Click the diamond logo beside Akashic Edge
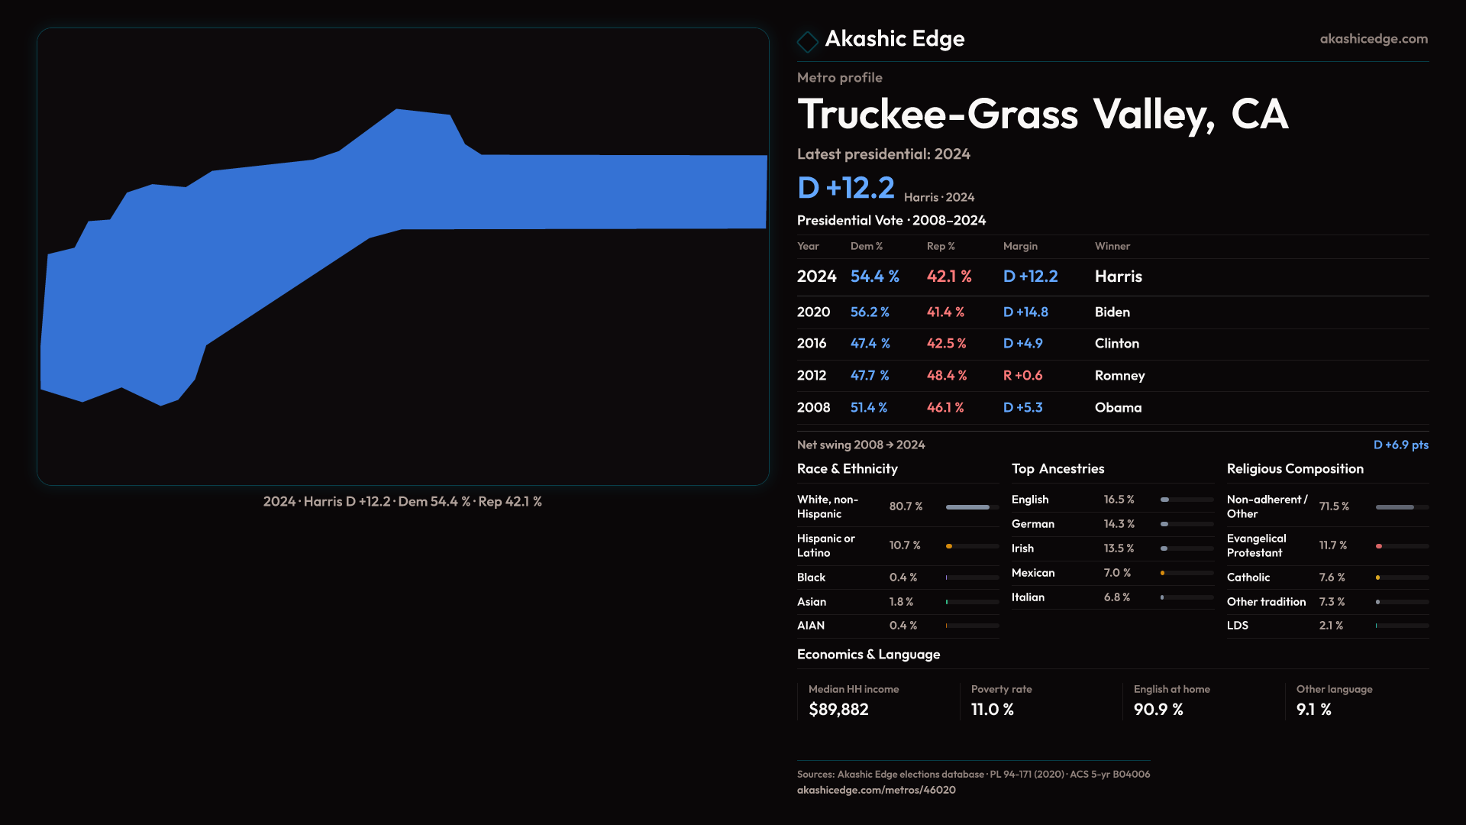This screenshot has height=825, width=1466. (x=807, y=41)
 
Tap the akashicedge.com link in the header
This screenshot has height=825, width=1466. (x=1374, y=39)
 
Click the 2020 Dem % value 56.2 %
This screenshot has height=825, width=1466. (x=870, y=312)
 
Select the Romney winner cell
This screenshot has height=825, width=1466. (x=1119, y=376)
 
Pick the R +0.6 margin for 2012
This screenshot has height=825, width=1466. (x=1022, y=376)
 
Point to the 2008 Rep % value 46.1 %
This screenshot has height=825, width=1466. (x=945, y=408)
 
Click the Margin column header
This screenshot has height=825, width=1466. (x=1020, y=246)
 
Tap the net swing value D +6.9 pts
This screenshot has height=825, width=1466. (x=1400, y=445)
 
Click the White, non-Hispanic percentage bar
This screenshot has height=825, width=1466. (x=972, y=507)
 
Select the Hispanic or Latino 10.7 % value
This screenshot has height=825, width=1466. (x=905, y=545)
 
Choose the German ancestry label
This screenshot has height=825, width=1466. (x=1032, y=524)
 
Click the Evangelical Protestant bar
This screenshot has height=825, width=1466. (x=1401, y=546)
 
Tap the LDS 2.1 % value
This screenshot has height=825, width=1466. (x=1331, y=626)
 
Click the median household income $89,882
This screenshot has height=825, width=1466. (x=838, y=710)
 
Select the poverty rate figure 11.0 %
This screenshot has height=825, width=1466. (x=993, y=710)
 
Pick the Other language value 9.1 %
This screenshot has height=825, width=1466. (x=1313, y=710)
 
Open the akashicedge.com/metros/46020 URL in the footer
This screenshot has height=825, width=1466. (x=876, y=790)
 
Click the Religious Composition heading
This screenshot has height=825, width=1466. (x=1295, y=469)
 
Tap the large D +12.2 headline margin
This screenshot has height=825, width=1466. (x=845, y=188)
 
